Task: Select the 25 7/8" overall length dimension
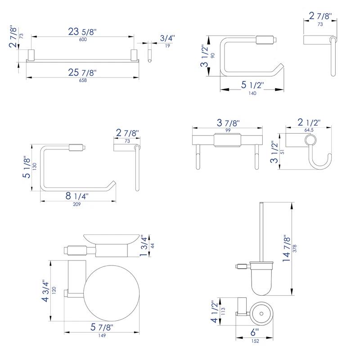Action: coord(82,72)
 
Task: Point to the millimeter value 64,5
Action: coord(309,130)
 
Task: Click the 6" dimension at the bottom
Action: coord(255,333)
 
